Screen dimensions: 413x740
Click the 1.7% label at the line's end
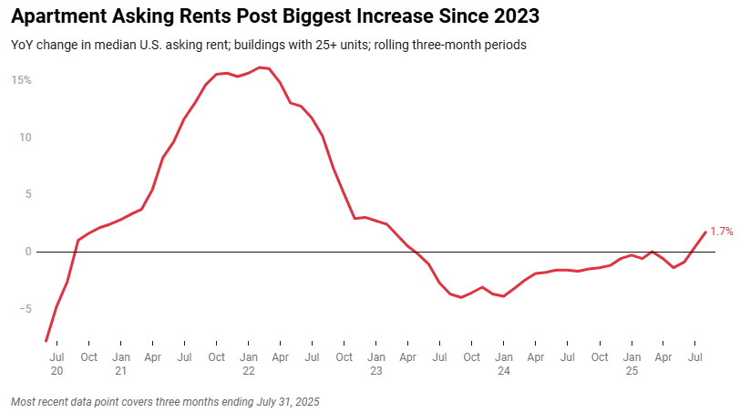pos(721,232)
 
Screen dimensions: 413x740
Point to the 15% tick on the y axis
pos(21,80)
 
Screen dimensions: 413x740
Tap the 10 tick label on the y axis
pos(25,138)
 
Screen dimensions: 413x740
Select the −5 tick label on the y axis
pos(25,309)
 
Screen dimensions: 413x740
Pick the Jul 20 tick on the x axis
pos(57,364)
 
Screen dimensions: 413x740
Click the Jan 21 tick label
pos(120,364)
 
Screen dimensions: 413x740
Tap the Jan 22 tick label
pos(249,364)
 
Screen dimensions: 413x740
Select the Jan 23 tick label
pos(376,364)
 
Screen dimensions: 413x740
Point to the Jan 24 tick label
pos(504,364)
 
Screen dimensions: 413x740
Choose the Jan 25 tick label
pos(632,364)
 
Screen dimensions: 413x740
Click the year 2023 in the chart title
pos(514,16)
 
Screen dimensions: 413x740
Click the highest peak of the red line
pos(259,67)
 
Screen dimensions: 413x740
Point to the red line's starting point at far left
pos(46,341)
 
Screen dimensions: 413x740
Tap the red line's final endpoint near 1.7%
pos(704,232)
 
